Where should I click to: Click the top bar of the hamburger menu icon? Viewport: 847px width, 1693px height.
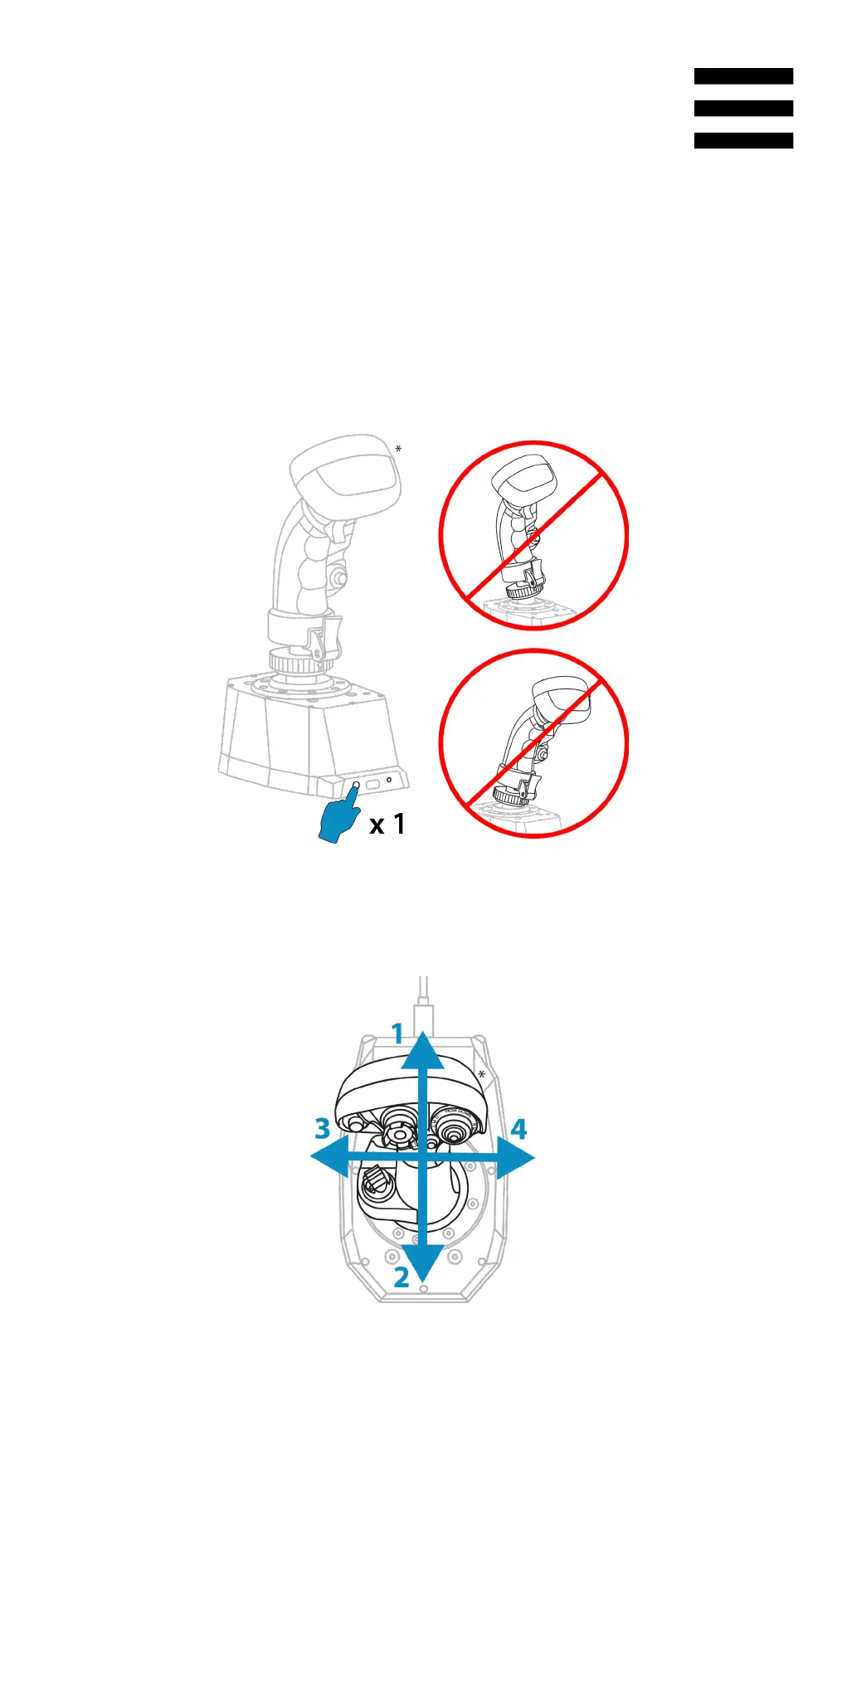click(743, 76)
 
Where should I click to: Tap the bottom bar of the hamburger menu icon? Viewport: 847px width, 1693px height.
click(743, 140)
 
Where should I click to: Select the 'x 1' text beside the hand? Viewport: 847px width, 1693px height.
click(387, 824)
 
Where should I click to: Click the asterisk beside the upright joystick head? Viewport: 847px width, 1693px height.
click(398, 450)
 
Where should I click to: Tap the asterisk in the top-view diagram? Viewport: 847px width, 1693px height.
click(481, 1075)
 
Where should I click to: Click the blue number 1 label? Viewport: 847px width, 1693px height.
click(397, 1034)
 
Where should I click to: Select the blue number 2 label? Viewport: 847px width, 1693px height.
click(402, 1277)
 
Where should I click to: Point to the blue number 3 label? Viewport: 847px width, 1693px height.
click(323, 1128)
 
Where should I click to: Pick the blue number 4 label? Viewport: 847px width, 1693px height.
click(518, 1129)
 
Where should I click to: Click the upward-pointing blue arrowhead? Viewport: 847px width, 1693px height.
click(423, 1050)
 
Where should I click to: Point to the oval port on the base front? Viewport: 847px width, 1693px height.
click(372, 783)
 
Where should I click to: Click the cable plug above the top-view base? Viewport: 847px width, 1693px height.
click(423, 1016)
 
